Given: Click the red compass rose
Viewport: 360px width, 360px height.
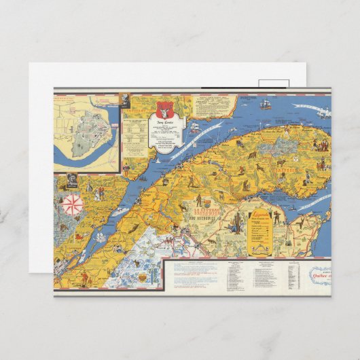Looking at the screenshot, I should point(72,203).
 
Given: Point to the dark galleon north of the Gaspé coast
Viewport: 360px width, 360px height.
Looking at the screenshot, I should point(266,105).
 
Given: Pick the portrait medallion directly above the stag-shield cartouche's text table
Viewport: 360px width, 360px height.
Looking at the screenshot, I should point(126,99).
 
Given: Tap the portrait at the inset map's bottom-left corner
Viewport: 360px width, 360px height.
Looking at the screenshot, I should point(71,181).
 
